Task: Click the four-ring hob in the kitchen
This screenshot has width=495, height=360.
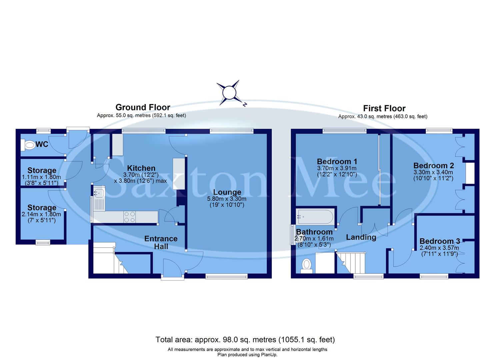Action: [130, 217]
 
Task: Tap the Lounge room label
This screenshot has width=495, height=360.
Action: [227, 192]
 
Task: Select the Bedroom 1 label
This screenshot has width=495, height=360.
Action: [337, 162]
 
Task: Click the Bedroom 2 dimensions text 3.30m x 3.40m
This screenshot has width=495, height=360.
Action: [433, 172]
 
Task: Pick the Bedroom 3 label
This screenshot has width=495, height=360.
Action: [440, 241]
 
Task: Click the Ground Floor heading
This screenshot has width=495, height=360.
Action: [143, 107]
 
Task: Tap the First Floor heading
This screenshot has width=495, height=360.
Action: [384, 108]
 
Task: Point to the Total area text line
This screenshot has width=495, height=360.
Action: [245, 340]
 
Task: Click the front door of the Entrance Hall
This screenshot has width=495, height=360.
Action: [172, 268]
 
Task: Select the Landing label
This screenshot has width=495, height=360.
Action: [361, 237]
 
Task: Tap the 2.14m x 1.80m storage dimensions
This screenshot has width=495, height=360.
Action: [42, 214]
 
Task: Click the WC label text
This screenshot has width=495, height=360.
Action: [42, 145]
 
